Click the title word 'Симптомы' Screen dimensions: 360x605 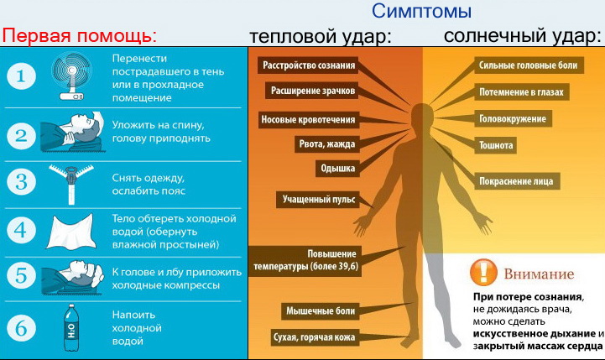pyautogui.click(x=422, y=12)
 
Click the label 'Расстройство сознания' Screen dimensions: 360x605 pyautogui.click(x=309, y=65)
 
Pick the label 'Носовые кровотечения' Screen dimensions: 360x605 pyautogui.click(x=309, y=119)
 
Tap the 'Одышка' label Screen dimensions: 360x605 pyautogui.click(x=337, y=169)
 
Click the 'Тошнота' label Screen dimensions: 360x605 pyautogui.click(x=496, y=145)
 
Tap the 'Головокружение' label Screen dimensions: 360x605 pyautogui.click(x=513, y=118)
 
